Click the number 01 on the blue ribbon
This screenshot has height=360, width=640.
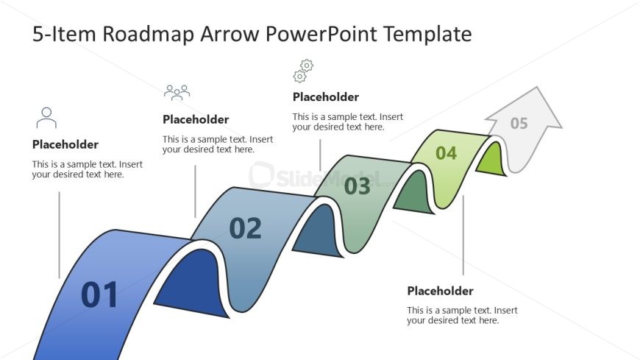click(99, 294)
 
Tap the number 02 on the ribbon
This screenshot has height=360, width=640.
click(245, 228)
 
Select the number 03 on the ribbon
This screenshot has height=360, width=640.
click(357, 186)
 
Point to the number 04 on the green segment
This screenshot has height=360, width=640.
click(446, 153)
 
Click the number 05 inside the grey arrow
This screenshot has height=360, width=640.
click(519, 123)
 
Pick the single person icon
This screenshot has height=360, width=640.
click(46, 118)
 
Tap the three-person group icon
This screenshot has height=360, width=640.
click(177, 93)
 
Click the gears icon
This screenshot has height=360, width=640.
click(303, 71)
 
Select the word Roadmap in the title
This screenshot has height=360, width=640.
click(148, 34)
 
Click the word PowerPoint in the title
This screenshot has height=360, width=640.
click(321, 34)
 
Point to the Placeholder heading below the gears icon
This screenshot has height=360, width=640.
click(326, 97)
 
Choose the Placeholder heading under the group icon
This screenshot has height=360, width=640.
click(196, 119)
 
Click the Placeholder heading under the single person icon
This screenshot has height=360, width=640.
click(65, 144)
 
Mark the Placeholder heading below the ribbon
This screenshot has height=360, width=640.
click(440, 291)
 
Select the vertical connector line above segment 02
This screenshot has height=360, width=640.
click(195, 191)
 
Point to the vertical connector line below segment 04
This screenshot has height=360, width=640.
click(463, 235)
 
